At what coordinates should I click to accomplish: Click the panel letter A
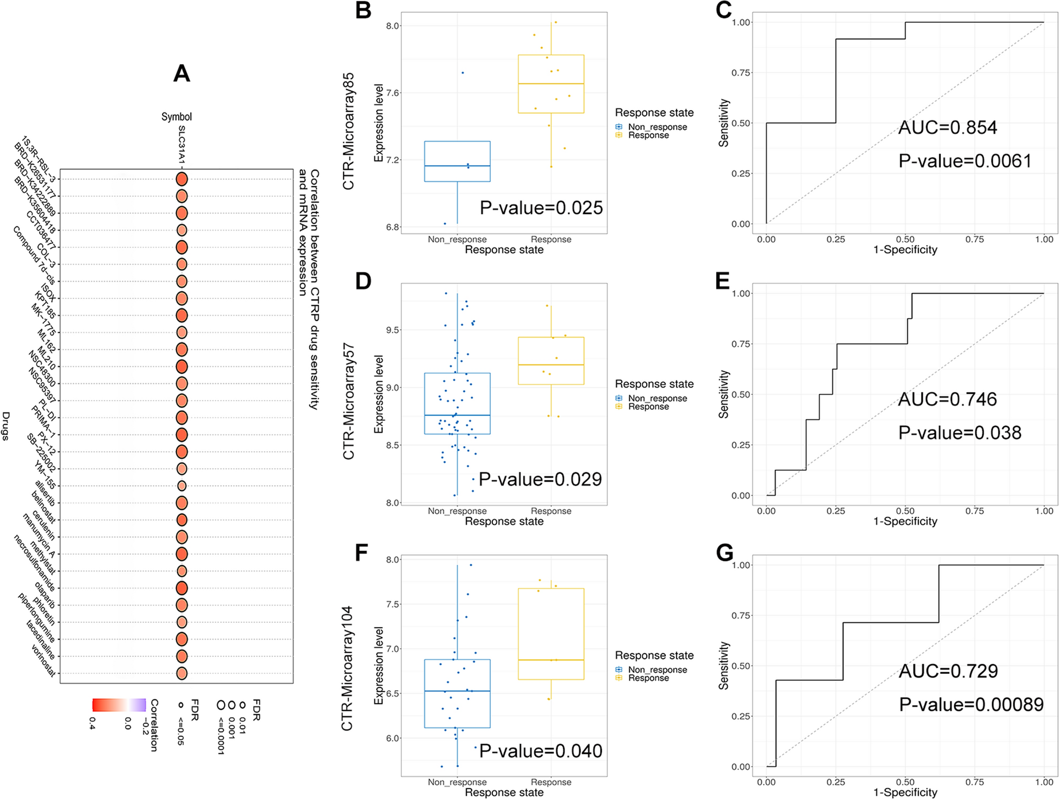181,73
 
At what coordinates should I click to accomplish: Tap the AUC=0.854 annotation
947,128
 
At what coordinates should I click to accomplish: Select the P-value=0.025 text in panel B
541,208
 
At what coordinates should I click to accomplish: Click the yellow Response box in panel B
551,84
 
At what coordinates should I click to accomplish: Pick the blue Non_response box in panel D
457,403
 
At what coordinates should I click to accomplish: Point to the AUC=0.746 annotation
947,399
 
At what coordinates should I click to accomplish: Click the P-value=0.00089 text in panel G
971,705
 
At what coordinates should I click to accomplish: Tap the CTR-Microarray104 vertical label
347,668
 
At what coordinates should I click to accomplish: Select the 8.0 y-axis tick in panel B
393,26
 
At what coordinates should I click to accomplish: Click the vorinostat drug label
43,661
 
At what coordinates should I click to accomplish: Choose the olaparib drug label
45,595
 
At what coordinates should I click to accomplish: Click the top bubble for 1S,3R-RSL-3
181,179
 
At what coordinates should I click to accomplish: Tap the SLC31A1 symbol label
181,144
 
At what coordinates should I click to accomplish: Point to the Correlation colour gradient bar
119,705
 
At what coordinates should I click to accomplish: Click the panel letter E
722,281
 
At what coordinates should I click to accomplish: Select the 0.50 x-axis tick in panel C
905,240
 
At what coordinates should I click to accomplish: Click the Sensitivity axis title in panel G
723,665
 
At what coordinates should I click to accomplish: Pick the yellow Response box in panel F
551,634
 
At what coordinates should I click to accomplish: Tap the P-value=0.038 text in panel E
959,433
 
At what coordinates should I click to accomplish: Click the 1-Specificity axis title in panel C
905,250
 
